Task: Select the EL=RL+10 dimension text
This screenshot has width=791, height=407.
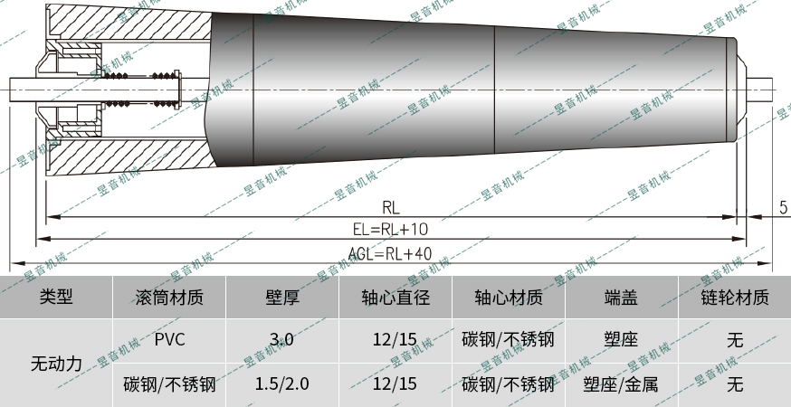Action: point(390,230)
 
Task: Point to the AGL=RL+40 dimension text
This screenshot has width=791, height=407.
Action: point(390,253)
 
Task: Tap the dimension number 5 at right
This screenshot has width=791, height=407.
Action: point(782,207)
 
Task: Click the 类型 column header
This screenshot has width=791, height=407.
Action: point(56,297)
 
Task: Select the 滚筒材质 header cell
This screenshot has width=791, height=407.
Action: point(168,297)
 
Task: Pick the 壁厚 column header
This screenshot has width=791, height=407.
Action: point(281,297)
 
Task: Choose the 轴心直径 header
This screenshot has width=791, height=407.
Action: point(395,297)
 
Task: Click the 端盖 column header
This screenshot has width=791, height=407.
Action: point(621,297)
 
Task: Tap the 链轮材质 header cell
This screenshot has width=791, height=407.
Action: point(734,297)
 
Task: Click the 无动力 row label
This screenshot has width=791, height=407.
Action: point(56,363)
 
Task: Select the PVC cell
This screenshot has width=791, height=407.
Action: point(169,340)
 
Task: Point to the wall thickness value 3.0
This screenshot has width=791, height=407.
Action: point(281,340)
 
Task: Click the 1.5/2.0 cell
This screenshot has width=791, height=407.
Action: point(281,384)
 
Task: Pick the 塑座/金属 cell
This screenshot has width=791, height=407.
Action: point(621,384)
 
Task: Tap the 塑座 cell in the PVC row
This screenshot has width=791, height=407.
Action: point(621,340)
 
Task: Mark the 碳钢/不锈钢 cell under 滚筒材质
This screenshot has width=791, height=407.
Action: point(169,384)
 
